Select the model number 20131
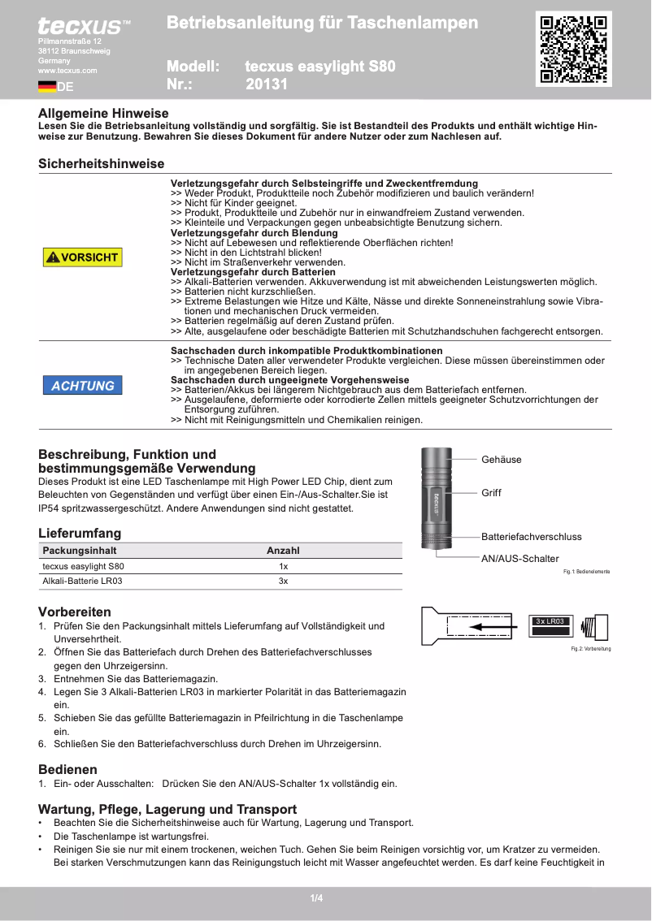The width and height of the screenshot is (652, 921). pyautogui.click(x=267, y=84)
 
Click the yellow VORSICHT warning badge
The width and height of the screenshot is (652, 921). pyautogui.click(x=83, y=257)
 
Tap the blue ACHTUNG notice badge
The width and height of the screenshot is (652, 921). pyautogui.click(x=83, y=386)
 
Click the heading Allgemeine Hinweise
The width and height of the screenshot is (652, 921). pyautogui.click(x=103, y=114)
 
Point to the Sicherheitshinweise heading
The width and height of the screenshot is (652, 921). pyautogui.click(x=101, y=164)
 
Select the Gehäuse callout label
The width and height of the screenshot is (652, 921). pyautogui.click(x=501, y=460)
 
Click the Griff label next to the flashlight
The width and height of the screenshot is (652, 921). pyautogui.click(x=491, y=493)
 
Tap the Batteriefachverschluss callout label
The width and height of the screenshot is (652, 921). pyautogui.click(x=531, y=537)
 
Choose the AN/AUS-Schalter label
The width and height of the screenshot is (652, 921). pyautogui.click(x=519, y=559)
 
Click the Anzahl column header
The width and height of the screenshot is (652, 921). pyautogui.click(x=283, y=551)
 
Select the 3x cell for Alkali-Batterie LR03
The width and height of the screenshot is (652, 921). pyautogui.click(x=283, y=582)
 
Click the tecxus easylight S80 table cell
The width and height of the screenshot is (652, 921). pyautogui.click(x=84, y=566)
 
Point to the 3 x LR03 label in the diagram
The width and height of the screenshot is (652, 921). pyautogui.click(x=550, y=621)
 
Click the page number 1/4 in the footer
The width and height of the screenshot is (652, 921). pyautogui.click(x=316, y=898)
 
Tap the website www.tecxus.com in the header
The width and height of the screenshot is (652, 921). pyautogui.click(x=67, y=71)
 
